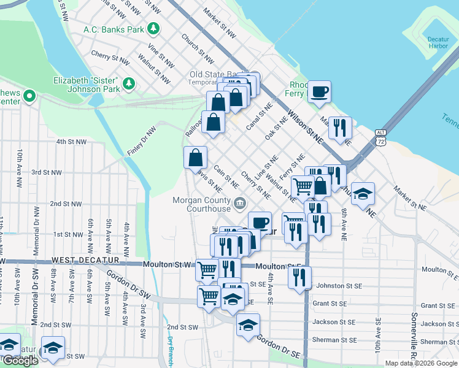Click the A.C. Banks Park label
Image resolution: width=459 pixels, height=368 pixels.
114,29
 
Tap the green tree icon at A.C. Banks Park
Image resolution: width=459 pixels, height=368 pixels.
153,28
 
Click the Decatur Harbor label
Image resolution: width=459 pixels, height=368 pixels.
438,42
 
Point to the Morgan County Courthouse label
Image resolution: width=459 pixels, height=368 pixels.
201,204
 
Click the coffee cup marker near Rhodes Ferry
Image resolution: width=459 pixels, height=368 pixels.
319,92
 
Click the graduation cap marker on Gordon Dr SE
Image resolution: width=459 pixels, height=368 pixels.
248,325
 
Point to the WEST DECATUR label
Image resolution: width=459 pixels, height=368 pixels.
86,261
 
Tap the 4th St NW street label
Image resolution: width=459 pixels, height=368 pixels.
72,142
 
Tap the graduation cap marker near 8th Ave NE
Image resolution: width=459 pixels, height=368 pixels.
363,194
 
